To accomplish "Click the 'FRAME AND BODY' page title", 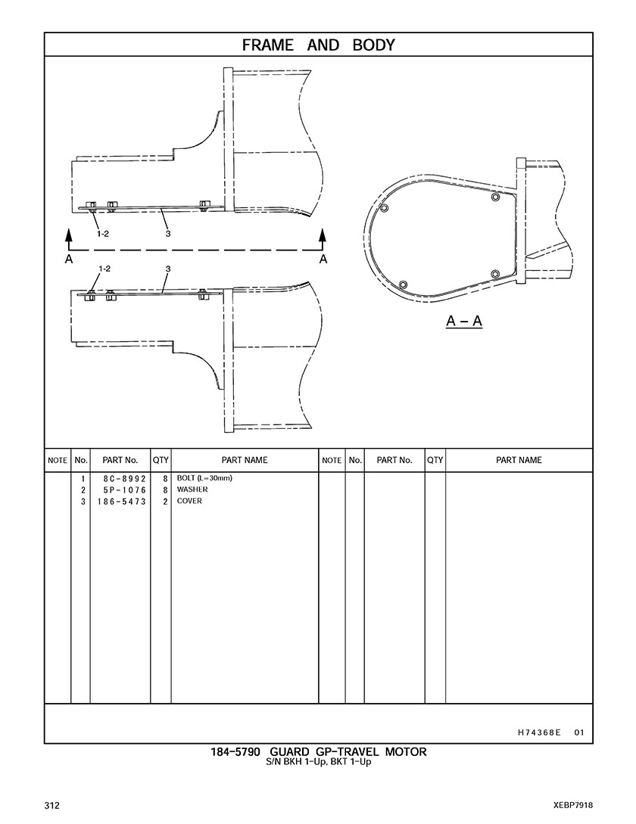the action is pos(318,45).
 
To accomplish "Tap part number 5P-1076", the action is pos(124,490).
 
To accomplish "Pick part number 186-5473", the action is pos(121,502).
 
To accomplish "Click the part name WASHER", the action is pos(192,490).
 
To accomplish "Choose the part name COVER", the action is pos(189,501).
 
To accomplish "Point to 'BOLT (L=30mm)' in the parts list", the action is pos(204,478).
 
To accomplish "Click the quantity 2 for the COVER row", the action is pos(165,502).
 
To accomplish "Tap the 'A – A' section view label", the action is pos(464,321).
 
